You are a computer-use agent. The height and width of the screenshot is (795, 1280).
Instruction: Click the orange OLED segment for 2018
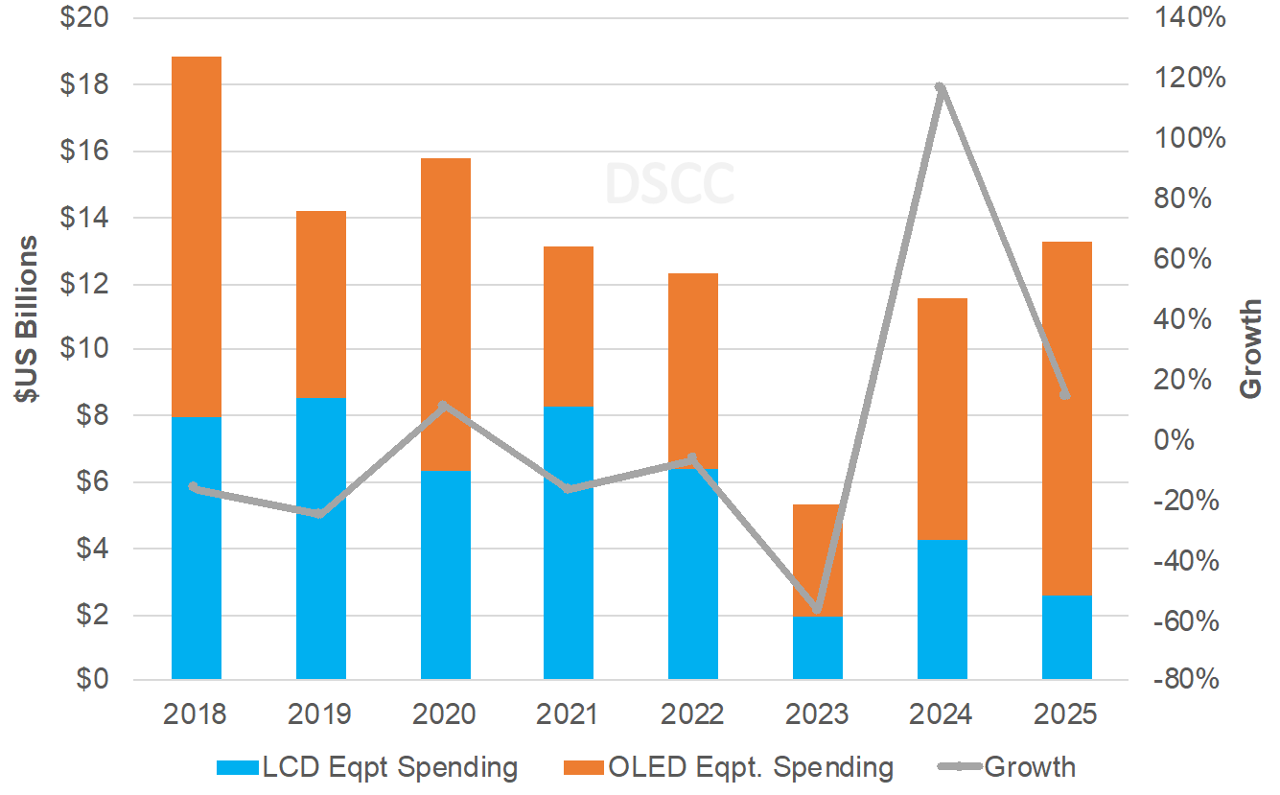tap(197, 237)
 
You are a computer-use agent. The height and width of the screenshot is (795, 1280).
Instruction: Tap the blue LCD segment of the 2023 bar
tap(818, 648)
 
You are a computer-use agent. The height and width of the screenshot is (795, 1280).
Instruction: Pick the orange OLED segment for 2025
tap(1067, 418)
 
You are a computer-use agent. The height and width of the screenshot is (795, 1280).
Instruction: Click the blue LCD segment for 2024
tap(943, 610)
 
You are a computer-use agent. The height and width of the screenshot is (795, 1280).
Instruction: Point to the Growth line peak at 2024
tap(941, 88)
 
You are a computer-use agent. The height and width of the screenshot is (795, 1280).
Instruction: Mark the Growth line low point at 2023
tap(817, 609)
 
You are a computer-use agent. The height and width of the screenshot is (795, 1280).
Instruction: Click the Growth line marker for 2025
tap(1065, 395)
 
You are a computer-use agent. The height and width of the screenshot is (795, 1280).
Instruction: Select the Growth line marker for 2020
tap(443, 406)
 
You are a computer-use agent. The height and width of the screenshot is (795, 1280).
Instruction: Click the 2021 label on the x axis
tap(569, 715)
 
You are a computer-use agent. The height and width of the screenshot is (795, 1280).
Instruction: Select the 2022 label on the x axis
tap(693, 715)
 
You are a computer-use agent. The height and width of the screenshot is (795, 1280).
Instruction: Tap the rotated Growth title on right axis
tap(1251, 349)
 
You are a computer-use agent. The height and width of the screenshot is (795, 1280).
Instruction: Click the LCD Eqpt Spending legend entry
tap(368, 767)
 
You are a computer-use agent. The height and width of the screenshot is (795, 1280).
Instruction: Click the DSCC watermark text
tap(669, 184)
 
